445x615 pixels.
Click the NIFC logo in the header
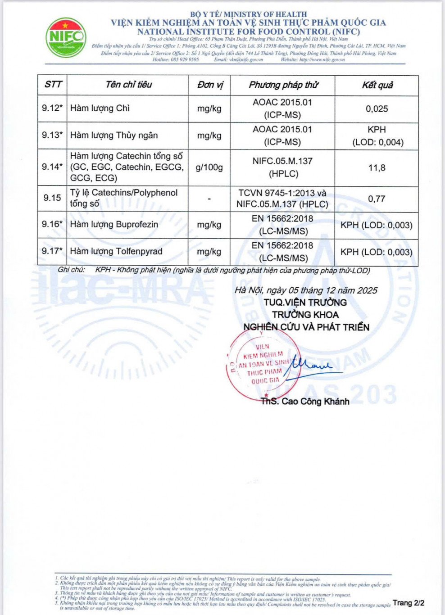(66, 37)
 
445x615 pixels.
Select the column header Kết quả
(377, 85)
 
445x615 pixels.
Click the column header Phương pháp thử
(283, 85)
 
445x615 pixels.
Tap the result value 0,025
(377, 109)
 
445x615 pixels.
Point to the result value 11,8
(377, 167)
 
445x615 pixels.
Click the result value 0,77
(377, 199)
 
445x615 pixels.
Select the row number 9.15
(52, 198)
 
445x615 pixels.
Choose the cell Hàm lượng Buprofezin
(114, 224)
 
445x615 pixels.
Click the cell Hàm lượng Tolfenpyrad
(116, 251)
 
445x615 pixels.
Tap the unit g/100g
(209, 167)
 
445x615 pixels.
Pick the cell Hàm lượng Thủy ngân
(114, 135)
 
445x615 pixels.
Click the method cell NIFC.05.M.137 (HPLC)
(282, 167)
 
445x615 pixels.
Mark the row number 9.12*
(52, 108)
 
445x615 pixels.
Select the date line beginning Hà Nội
(306, 290)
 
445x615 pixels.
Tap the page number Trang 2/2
(408, 602)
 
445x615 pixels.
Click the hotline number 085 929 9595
(185, 59)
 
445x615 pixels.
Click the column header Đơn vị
(209, 85)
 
